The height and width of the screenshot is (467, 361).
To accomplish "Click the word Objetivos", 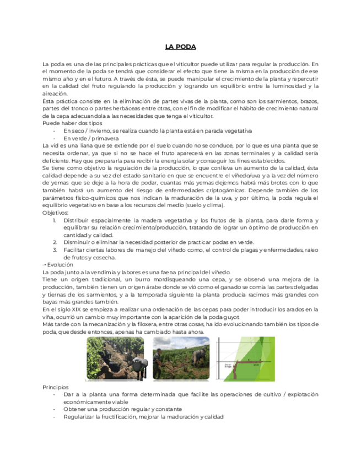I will click(55, 213).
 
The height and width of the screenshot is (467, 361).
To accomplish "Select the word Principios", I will click(56, 387).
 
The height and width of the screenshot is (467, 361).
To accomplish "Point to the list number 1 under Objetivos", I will click(55, 220).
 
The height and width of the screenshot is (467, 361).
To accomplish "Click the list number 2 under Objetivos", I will click(55, 242).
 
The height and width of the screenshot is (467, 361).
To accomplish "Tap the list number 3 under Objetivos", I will click(55, 249).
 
